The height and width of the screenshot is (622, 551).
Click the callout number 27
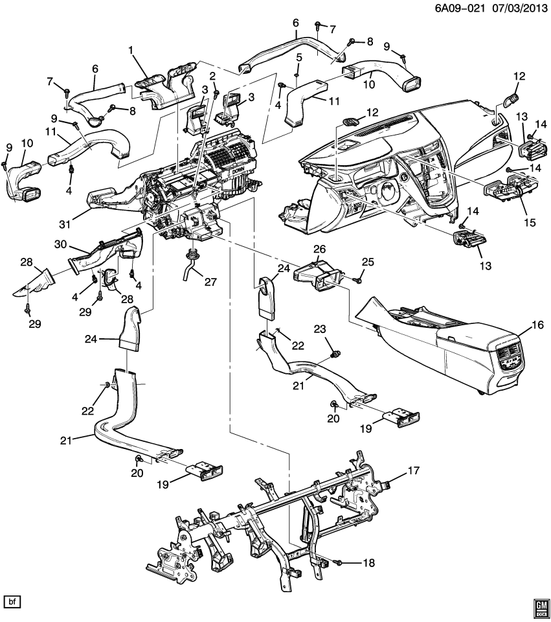click(212, 282)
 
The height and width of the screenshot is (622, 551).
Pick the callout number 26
click(319, 249)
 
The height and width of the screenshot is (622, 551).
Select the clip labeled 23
click(335, 354)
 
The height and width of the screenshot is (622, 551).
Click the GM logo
click(541, 605)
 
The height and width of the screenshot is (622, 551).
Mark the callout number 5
click(298, 58)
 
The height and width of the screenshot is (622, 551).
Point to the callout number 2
click(212, 76)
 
